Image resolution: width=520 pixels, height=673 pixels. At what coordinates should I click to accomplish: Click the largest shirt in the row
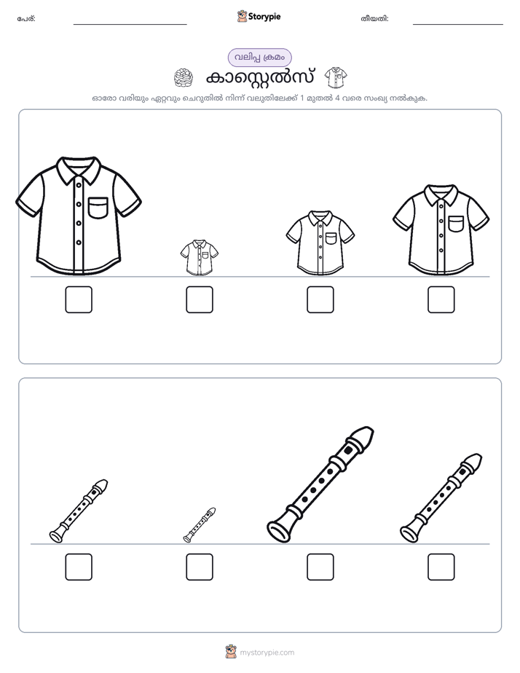(x=79, y=216)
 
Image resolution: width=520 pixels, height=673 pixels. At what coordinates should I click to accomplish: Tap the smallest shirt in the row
(x=199, y=257)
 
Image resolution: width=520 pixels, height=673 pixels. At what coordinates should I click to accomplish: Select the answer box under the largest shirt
(x=79, y=299)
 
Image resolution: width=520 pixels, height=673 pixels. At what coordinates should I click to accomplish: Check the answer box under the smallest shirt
(x=200, y=299)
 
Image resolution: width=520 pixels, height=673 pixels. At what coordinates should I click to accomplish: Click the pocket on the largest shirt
(x=98, y=208)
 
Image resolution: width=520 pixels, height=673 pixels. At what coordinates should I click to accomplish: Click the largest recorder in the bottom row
(x=320, y=484)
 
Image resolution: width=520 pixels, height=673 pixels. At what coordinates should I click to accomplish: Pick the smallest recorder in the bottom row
(x=200, y=525)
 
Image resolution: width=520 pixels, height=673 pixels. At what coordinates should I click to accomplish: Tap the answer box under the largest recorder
(x=320, y=567)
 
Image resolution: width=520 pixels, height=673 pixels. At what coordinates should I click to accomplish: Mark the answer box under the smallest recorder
(x=200, y=567)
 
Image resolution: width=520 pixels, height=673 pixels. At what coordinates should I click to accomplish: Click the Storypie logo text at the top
(x=264, y=17)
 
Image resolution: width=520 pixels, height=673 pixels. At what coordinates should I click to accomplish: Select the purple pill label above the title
(x=259, y=58)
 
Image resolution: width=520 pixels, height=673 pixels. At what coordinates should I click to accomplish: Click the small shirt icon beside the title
(x=336, y=78)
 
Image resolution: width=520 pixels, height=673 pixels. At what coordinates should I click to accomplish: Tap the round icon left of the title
(x=184, y=78)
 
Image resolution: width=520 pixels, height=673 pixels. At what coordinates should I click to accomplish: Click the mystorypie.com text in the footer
(x=267, y=653)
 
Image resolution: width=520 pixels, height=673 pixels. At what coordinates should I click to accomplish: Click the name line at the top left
(x=130, y=25)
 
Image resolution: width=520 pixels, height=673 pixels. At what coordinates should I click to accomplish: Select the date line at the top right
(x=458, y=25)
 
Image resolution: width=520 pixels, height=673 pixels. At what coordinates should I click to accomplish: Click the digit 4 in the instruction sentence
(x=337, y=98)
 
